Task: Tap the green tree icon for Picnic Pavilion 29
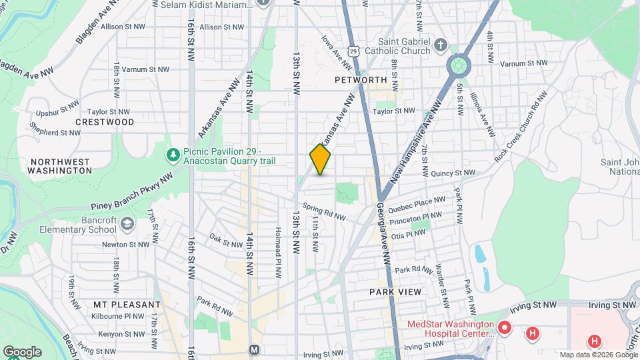[x=173, y=155]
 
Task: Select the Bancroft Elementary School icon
[x=127, y=225]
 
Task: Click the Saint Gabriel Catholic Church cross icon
[x=440, y=45]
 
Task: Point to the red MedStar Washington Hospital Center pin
[x=505, y=329]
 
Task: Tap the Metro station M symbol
[x=254, y=350]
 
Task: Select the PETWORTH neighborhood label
[x=361, y=80]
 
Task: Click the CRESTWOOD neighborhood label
[x=105, y=122]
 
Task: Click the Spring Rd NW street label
[x=324, y=212]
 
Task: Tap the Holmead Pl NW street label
[x=276, y=251]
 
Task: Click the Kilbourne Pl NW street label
[x=119, y=316]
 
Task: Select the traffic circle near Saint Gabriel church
[x=459, y=66]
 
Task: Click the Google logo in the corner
[x=22, y=351]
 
